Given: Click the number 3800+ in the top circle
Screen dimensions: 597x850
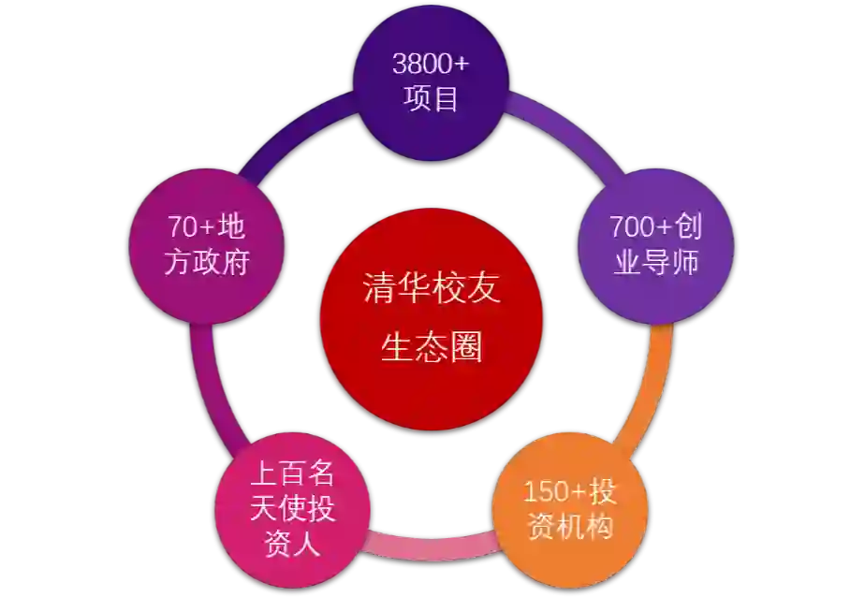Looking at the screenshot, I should (431, 64).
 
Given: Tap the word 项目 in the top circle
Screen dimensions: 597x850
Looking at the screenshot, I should (432, 97).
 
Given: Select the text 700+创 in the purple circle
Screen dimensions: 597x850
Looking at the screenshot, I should (655, 227).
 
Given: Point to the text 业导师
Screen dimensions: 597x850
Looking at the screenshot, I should (656, 262).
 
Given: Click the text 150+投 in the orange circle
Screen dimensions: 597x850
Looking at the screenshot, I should (570, 491).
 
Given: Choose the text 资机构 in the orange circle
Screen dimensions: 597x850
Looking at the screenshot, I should (570, 527).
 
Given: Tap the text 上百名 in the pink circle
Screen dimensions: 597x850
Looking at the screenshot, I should (292, 473).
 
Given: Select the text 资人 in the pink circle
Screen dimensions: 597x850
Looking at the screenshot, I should (292, 544).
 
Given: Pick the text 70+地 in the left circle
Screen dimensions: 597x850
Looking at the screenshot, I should (207, 227).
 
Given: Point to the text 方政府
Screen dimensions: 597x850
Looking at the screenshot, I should (207, 262).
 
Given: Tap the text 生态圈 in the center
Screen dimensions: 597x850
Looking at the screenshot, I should (432, 347).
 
